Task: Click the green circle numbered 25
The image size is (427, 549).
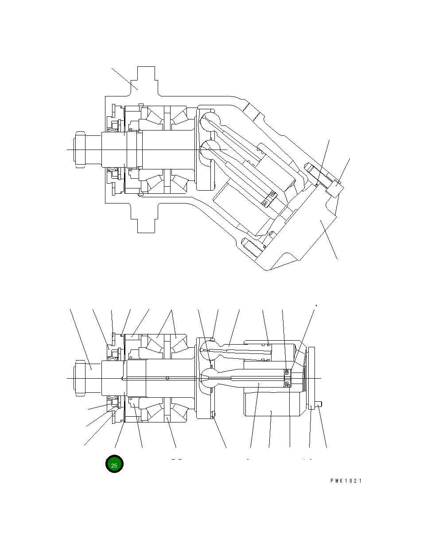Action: click(x=114, y=465)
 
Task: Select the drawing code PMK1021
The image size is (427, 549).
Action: click(x=345, y=481)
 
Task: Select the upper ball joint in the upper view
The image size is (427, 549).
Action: click(x=208, y=121)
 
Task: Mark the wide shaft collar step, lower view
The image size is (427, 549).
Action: click(x=136, y=378)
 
